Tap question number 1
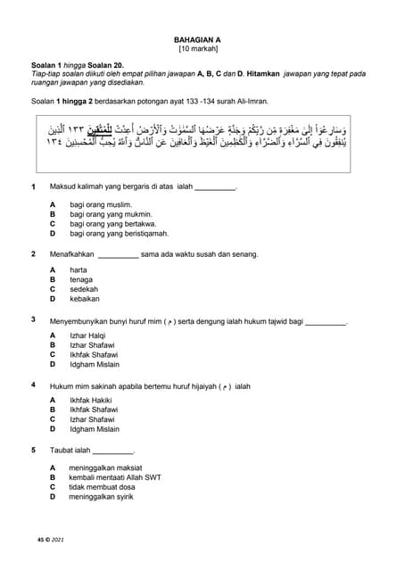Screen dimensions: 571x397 (33, 186)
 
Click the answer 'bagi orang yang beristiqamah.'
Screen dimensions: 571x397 (119, 234)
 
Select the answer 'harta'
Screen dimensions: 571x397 (79, 269)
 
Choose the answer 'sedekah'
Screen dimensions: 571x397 (84, 289)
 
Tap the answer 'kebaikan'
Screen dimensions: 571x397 (85, 300)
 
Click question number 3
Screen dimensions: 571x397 (33, 319)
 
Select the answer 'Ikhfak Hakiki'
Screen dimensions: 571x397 (92, 401)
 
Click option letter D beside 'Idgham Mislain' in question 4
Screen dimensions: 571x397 (53, 429)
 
